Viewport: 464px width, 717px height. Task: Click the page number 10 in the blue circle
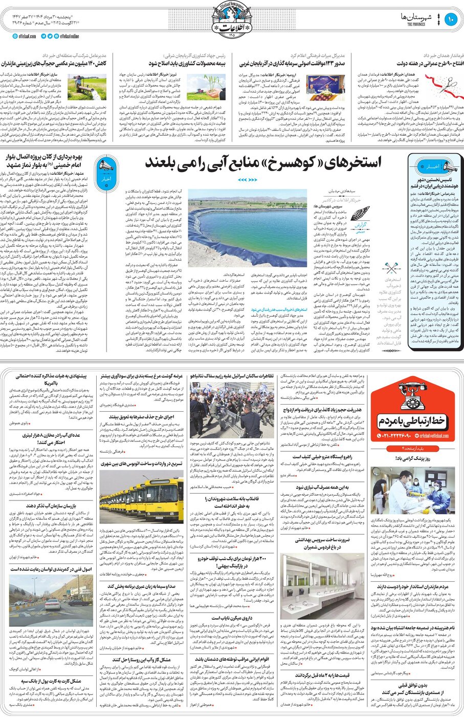[451, 20]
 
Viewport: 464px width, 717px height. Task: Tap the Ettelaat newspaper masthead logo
[232, 19]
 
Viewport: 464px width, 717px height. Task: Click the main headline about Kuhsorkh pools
[263, 163]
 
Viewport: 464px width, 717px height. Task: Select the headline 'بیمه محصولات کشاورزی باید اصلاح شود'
[187, 64]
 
